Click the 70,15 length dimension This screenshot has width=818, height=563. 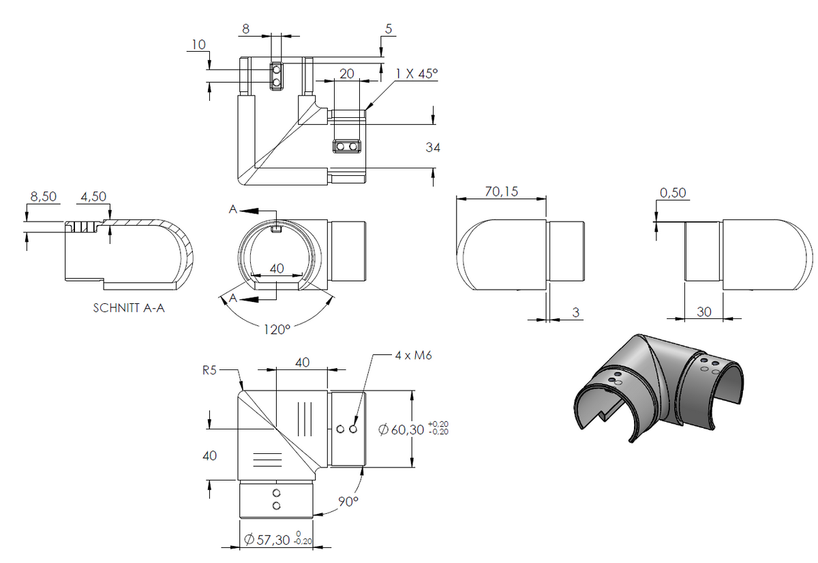(x=502, y=192)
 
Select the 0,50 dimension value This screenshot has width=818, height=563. (x=673, y=192)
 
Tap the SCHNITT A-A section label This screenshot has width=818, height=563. (x=129, y=308)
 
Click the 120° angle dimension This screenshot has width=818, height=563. (x=277, y=329)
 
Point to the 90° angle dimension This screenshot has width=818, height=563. (x=348, y=501)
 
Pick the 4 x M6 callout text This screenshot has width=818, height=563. (x=413, y=355)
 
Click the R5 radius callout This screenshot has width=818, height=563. (x=210, y=370)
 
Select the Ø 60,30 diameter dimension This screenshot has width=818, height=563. (x=413, y=429)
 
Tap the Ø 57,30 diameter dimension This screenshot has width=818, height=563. (x=278, y=539)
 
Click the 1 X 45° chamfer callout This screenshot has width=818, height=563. (x=416, y=74)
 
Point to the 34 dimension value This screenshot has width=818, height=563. (x=433, y=147)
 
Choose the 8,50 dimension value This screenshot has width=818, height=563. (x=44, y=196)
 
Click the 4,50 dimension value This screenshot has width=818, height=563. (x=93, y=196)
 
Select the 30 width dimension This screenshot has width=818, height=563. (x=703, y=311)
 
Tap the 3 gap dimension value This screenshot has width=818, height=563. (x=576, y=312)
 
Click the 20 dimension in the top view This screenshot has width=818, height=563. (x=346, y=74)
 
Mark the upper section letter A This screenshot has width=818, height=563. (x=233, y=209)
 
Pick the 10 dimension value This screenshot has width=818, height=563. (x=198, y=44)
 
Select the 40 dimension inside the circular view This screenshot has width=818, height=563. (x=277, y=269)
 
